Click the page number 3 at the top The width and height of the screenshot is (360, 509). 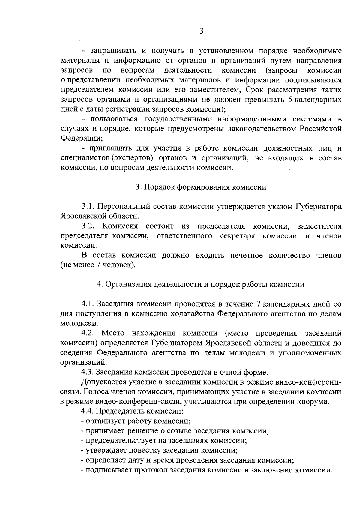coord(201,31)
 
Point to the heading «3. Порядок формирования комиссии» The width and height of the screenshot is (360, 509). coord(201,187)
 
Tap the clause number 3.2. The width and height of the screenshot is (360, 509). coord(89,226)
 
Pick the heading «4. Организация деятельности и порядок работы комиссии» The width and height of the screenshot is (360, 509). coord(201,284)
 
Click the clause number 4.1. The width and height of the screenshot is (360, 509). coord(88,304)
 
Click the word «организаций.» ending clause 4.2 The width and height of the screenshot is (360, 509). coord(80,362)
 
